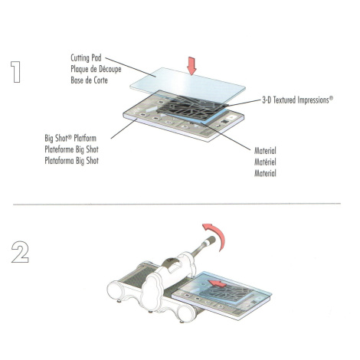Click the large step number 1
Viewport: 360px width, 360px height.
pyautogui.click(x=16, y=72)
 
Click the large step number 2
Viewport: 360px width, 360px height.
pyautogui.click(x=20, y=252)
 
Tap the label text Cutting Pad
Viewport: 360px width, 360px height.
pyautogui.click(x=86, y=58)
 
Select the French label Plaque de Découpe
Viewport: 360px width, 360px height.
pyautogui.click(x=96, y=69)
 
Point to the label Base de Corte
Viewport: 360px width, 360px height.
pyautogui.click(x=89, y=80)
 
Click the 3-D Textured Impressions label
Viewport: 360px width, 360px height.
pyautogui.click(x=298, y=100)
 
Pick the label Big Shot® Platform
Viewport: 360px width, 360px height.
pyautogui.click(x=70, y=138)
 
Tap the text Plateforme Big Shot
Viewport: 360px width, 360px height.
pyautogui.click(x=71, y=149)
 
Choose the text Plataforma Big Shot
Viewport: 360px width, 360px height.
pyautogui.click(x=71, y=161)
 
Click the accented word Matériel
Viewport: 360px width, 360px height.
pyautogui.click(x=265, y=162)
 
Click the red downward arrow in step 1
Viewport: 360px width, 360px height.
pyautogui.click(x=191, y=66)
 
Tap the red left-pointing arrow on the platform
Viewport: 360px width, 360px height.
pyautogui.click(x=218, y=283)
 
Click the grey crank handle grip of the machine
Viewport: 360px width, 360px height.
pyautogui.click(x=210, y=241)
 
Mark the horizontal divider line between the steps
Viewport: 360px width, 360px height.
pyautogui.click(x=177, y=204)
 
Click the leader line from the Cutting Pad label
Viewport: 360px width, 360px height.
pyautogui.click(x=130, y=67)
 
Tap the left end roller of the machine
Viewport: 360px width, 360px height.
pyautogui.click(x=116, y=290)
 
